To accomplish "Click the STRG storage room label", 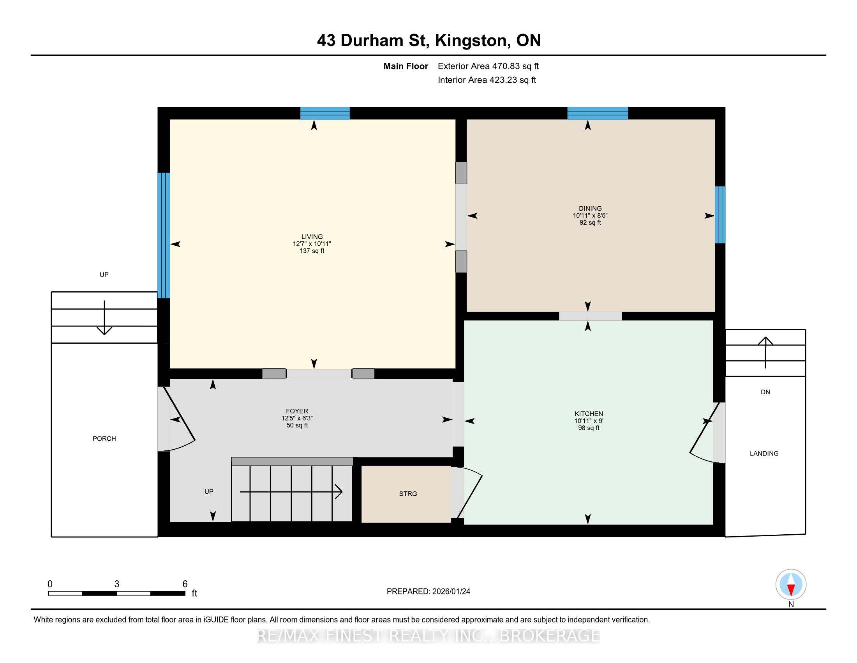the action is coord(408,494).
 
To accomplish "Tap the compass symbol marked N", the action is coord(791,584).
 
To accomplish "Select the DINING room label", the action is coord(590,209).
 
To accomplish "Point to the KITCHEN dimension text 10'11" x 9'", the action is coord(589,421).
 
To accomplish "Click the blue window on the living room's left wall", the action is coord(164,235).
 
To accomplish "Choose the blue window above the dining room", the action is coord(598,113).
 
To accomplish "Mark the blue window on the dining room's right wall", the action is coord(719,215).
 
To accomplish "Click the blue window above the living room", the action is coord(325,113).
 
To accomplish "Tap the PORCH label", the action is coord(104,438).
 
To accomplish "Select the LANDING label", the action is coord(764,453).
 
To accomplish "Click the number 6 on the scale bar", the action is coord(185,584).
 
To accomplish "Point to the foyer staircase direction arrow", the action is coord(291,492).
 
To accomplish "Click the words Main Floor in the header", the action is coord(406,66).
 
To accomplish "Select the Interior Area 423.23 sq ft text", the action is coord(487,80).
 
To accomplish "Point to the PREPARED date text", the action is coord(428,591).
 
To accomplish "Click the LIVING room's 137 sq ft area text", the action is coord(312,251).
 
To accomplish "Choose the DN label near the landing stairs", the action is coord(765,392).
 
